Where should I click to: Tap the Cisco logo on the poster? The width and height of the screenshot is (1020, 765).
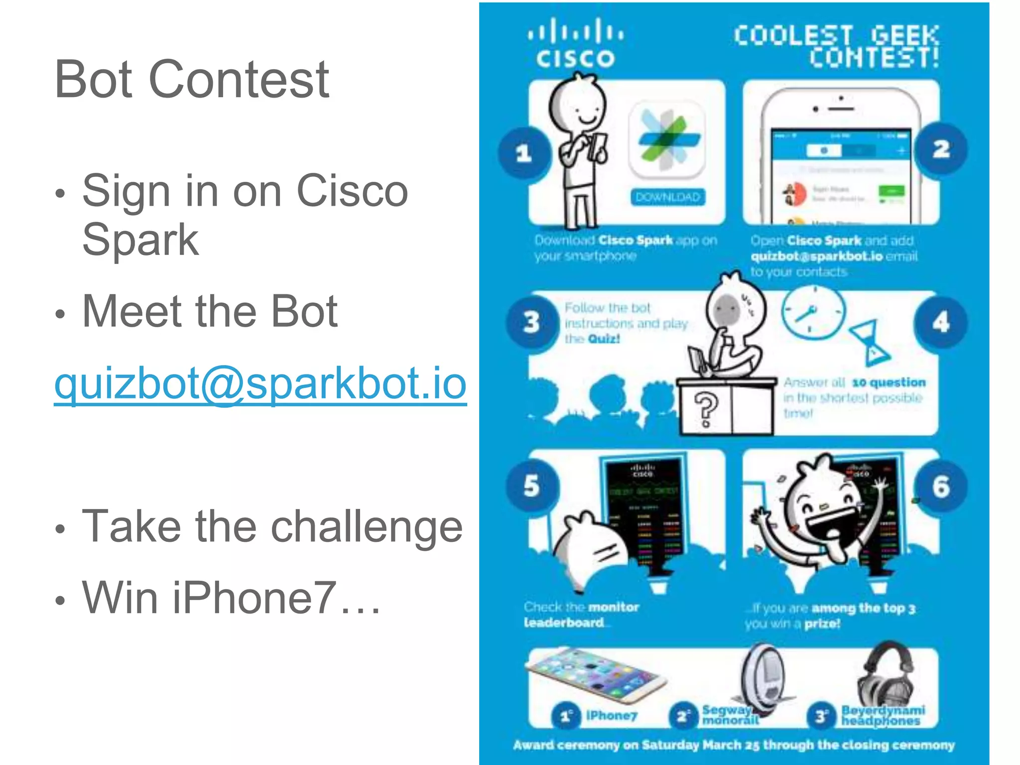pos(575,44)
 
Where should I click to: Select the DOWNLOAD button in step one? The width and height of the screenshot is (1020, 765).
pos(667,197)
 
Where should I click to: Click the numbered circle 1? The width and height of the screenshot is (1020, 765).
pos(524,153)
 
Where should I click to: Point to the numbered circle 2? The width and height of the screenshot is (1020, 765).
pos(941,149)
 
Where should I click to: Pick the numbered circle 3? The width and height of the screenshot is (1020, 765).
pos(532,322)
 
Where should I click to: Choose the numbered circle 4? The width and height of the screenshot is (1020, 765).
pos(941,322)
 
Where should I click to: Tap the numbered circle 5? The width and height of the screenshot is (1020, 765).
pos(532,486)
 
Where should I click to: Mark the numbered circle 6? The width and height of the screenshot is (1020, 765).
pos(941,487)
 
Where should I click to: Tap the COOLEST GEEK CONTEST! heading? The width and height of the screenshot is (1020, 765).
pos(837,46)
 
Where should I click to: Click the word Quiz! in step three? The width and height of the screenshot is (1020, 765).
pos(604,339)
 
